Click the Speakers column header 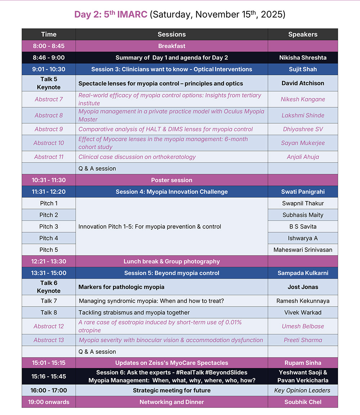coord(303,35)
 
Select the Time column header coord(49,35)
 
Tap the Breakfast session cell coord(172,46)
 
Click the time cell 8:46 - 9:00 coord(49,58)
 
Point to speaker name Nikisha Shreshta coord(303,58)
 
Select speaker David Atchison coord(303,83)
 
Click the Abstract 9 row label coord(49,129)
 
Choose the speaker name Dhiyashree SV coord(303,129)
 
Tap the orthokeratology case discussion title coord(137,157)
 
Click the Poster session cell coord(172,180)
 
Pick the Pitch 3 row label coord(49,227)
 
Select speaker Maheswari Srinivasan coord(303,250)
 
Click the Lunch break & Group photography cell coord(172,262)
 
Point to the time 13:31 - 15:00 coord(49,273)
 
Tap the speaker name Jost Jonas coord(303,287)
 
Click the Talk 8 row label coord(49,312)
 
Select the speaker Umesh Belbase coord(303,326)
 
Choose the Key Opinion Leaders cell coord(303,391)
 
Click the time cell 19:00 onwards coord(49,402)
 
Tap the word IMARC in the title coord(132,15)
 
